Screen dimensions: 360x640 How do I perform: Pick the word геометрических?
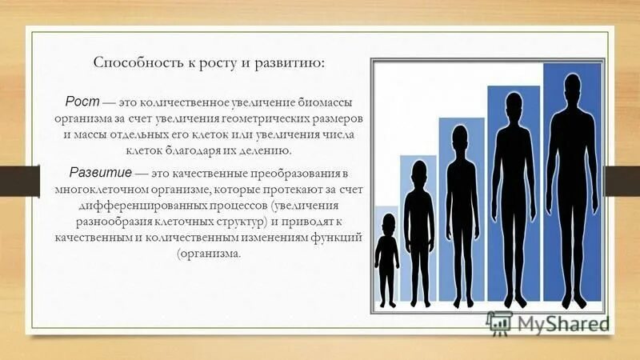tap(273, 118)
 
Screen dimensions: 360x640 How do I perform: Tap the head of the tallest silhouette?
tap(571, 86)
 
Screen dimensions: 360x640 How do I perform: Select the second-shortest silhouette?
tap(418, 232)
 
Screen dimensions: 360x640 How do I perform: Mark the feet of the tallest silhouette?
tap(570, 302)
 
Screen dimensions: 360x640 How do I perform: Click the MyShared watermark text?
tap(563, 323)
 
